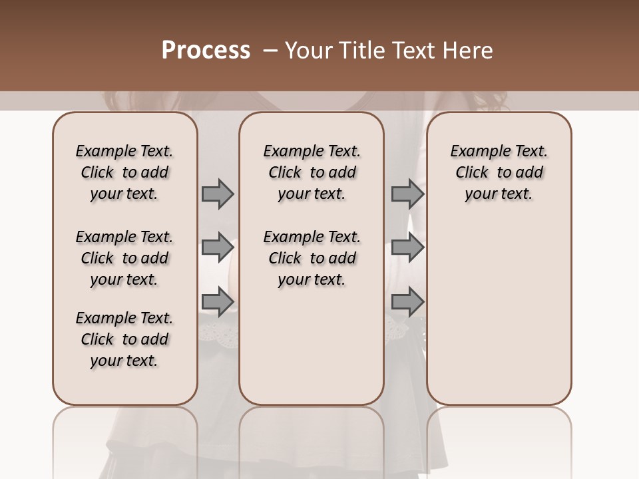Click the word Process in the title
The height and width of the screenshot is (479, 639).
click(x=206, y=51)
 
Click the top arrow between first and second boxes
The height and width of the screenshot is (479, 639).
click(x=218, y=194)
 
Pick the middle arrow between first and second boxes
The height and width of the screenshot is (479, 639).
click(x=218, y=247)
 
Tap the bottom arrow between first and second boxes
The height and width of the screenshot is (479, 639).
click(x=218, y=303)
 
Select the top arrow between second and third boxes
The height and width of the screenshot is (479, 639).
click(x=407, y=194)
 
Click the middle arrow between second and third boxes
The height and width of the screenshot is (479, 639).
click(x=407, y=247)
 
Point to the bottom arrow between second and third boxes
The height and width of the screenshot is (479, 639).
click(x=407, y=303)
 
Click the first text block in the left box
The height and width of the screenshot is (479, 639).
click(x=124, y=172)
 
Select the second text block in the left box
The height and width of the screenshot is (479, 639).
click(x=124, y=258)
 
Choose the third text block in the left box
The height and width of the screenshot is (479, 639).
click(x=124, y=339)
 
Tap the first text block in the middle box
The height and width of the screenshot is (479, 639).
click(x=312, y=172)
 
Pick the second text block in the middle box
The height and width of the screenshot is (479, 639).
click(x=312, y=258)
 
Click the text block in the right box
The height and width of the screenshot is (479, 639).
click(x=499, y=172)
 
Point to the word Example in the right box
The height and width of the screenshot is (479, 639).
click(x=475, y=152)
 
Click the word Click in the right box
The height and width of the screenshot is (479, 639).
click(x=472, y=172)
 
